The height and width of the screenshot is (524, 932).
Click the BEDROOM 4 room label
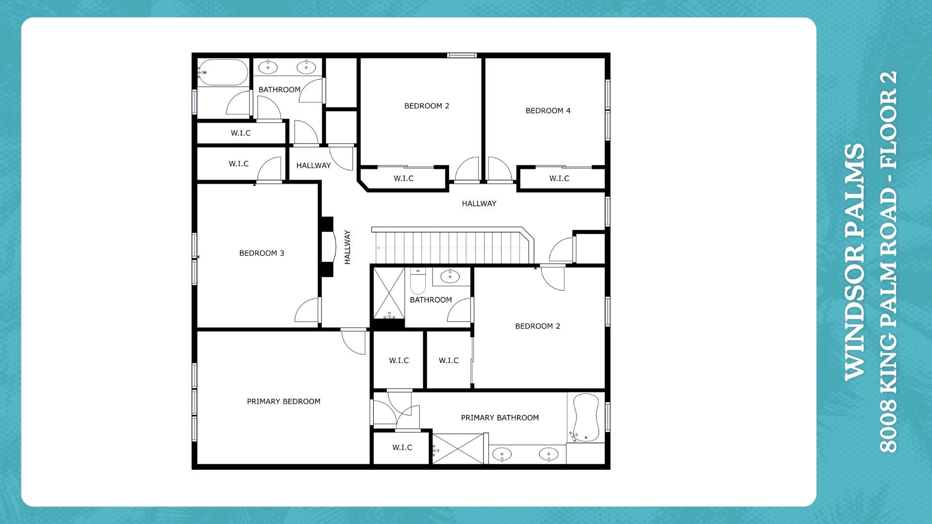coord(548,111)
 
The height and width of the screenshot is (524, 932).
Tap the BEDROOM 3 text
coord(262,253)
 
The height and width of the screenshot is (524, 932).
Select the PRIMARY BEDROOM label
coord(283,402)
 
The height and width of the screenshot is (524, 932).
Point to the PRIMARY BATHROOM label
coord(499,418)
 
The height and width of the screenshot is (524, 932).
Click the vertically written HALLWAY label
coord(348,247)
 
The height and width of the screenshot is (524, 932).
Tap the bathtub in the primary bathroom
coord(585,418)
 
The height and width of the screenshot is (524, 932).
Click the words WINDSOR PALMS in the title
coord(855,262)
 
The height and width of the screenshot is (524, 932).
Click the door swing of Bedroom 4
coord(499,169)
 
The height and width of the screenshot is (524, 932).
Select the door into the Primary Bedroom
coord(353,342)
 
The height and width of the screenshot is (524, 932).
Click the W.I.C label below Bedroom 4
coord(559,179)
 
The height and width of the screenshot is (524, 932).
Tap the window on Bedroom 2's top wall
coord(462,55)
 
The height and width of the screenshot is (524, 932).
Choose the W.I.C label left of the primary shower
coord(402,447)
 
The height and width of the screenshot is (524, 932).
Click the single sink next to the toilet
coord(450,276)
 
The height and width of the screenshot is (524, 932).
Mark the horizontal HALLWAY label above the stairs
coord(479,204)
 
